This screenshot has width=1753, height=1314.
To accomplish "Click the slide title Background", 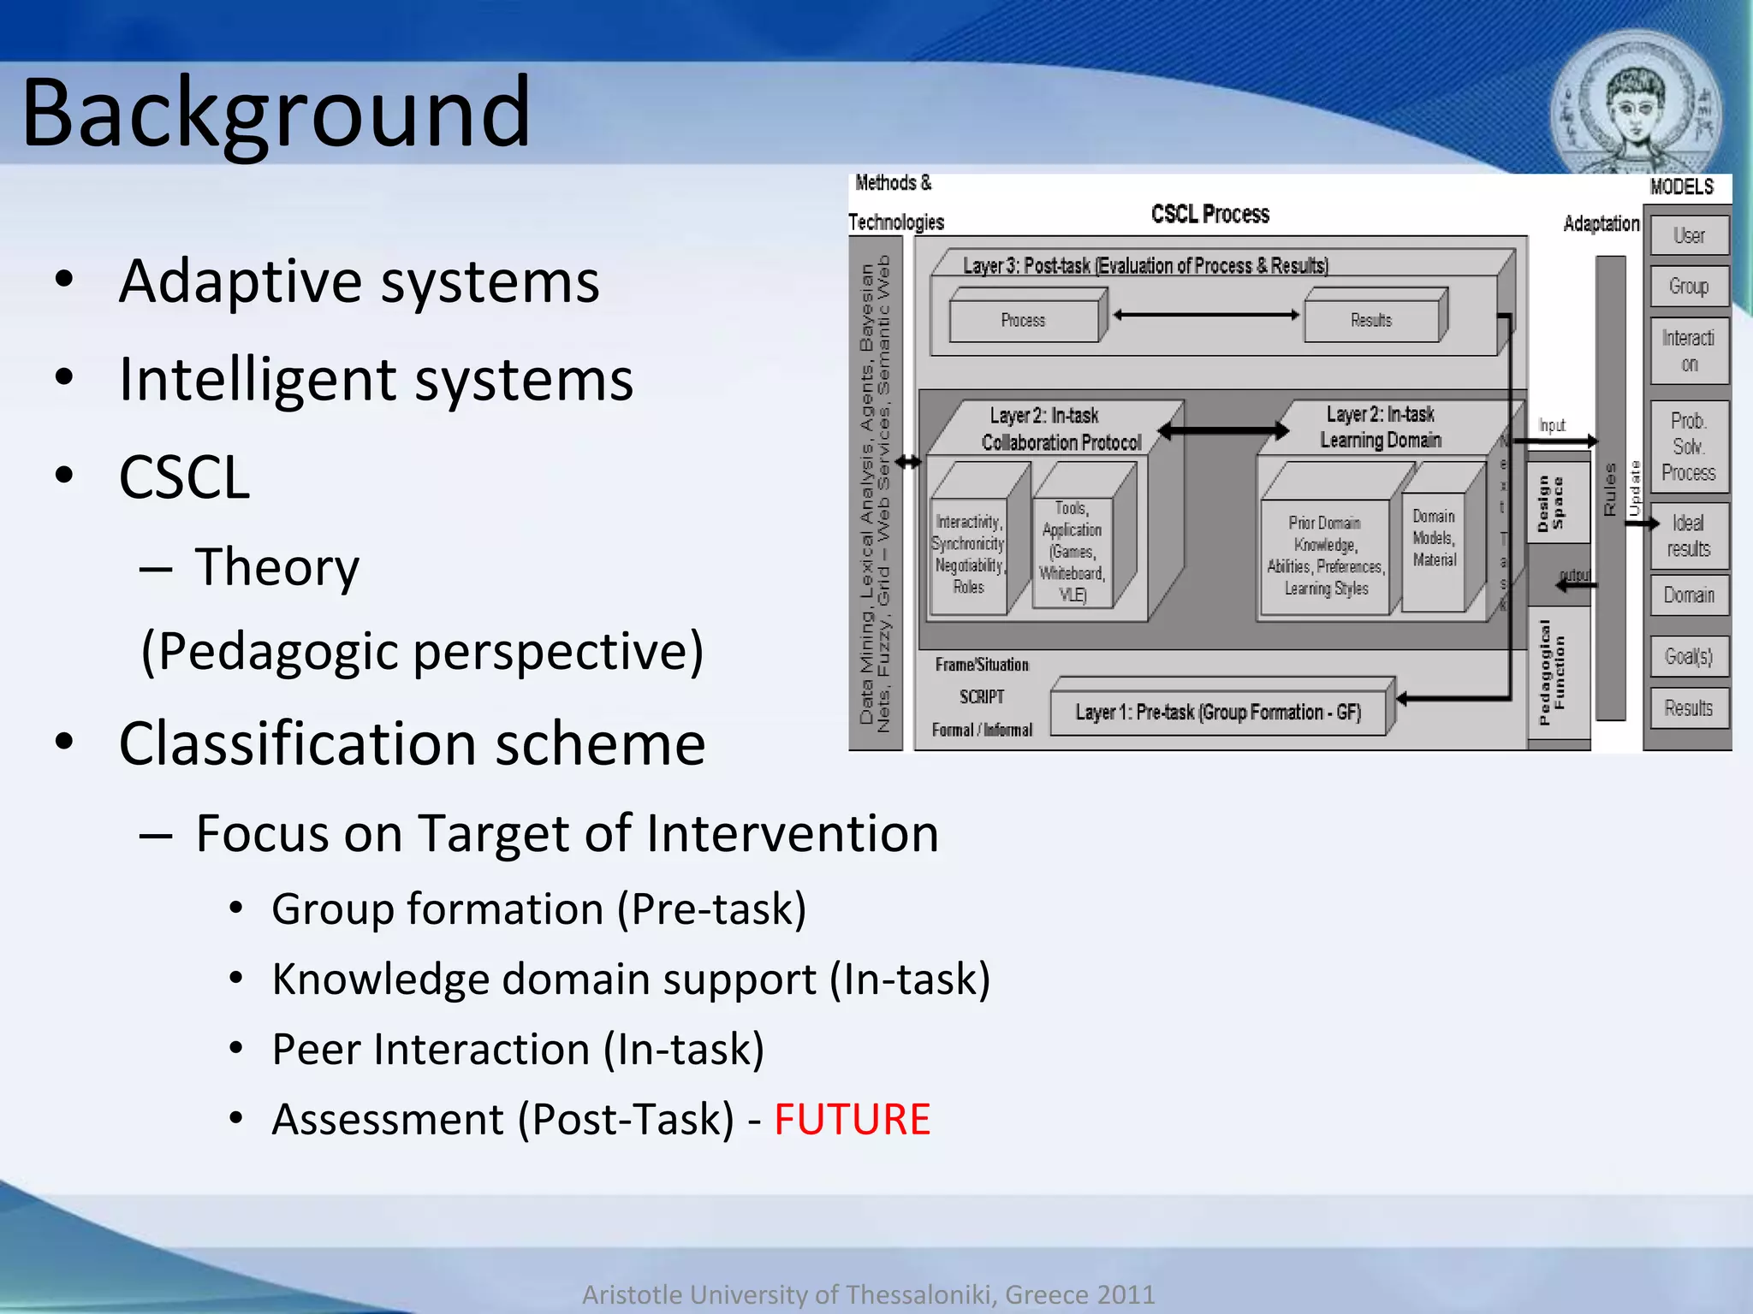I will (x=276, y=113).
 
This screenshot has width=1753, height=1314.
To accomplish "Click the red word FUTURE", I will (x=851, y=1119).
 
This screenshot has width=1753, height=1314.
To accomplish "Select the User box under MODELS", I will (x=1689, y=235).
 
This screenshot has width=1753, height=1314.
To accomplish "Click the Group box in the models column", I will (x=1689, y=286).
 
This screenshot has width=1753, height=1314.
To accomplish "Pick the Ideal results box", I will (x=1689, y=536).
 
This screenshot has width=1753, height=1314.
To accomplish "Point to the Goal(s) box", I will (x=1689, y=656).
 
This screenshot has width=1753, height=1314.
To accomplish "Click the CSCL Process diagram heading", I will (x=1209, y=214).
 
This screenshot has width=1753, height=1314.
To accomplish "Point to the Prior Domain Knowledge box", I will (x=1325, y=556).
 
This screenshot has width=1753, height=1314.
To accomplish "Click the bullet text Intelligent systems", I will (x=376, y=379).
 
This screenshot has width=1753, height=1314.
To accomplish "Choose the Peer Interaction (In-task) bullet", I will (x=517, y=1049).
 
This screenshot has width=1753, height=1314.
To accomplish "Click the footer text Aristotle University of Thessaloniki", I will (x=868, y=1294).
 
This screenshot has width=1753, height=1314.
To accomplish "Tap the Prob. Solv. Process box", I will (x=1689, y=447).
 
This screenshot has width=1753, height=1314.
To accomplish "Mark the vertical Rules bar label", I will (x=1610, y=489).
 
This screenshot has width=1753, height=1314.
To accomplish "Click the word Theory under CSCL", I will (x=276, y=566).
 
